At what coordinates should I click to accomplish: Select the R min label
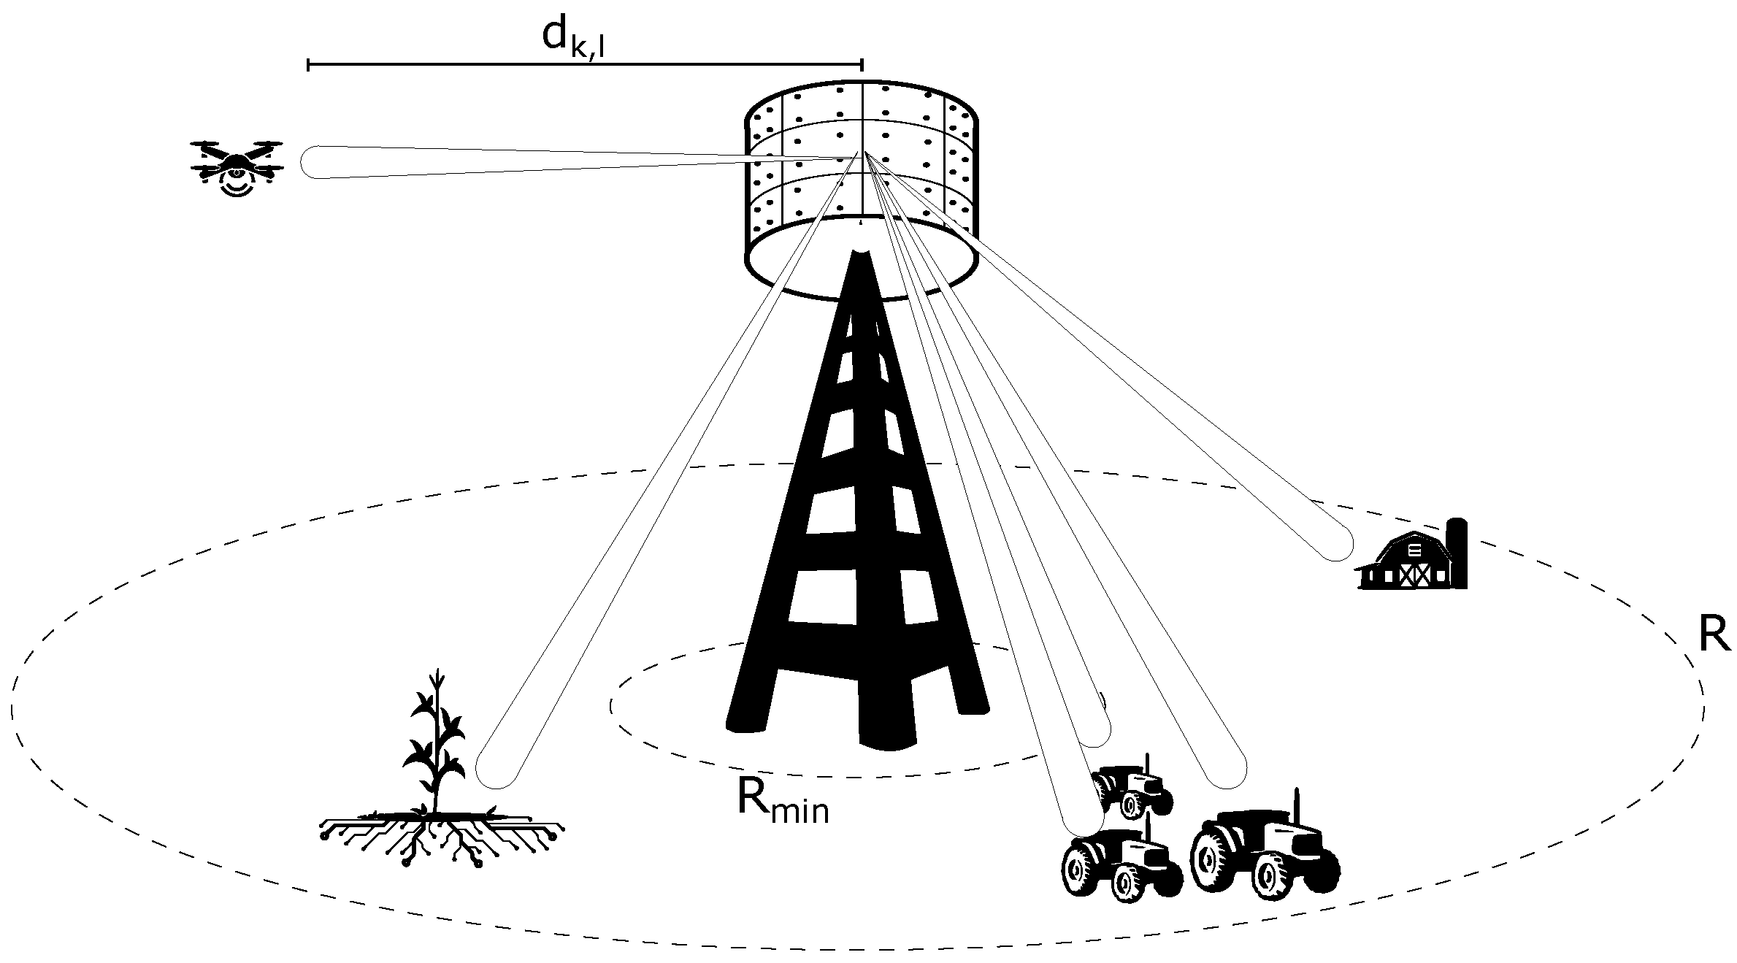[x=782, y=802]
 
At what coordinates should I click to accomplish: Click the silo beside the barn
[x=1457, y=553]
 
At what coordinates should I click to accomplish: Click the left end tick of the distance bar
[x=309, y=66]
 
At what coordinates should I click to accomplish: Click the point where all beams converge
[x=863, y=153]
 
